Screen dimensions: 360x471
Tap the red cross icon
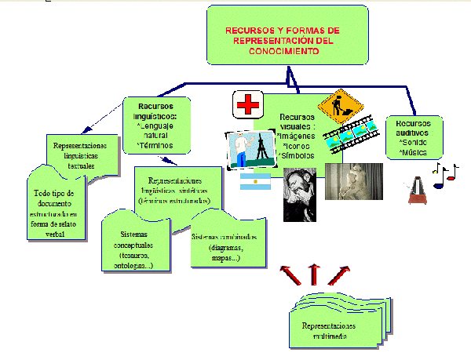[247, 104]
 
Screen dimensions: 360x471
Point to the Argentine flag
[254, 182]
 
